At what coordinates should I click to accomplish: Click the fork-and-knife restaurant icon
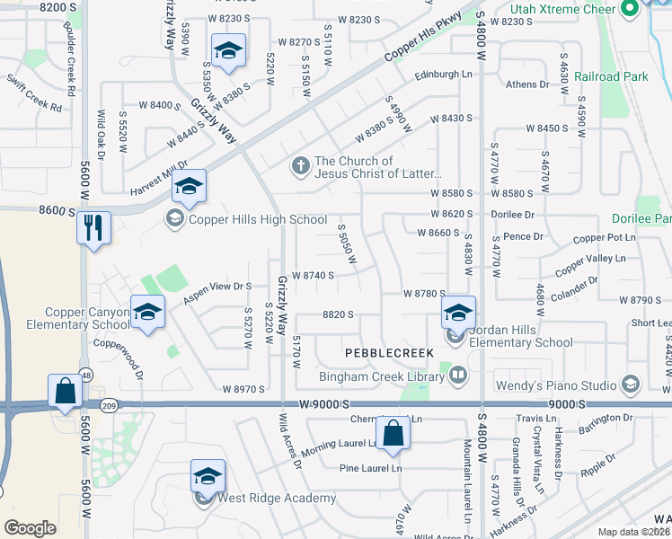coord(93,227)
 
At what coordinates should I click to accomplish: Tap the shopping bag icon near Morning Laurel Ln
coord(393,433)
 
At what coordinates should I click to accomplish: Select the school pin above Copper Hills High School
coord(189,186)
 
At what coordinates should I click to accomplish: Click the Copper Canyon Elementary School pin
coord(148,311)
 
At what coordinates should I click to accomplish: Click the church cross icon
coord(300,166)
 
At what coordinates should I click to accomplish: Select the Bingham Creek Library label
coord(382,376)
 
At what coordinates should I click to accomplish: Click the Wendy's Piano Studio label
coord(555,386)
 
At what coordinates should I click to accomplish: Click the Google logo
coord(30,527)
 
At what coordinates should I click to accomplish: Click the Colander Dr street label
coord(575,287)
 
